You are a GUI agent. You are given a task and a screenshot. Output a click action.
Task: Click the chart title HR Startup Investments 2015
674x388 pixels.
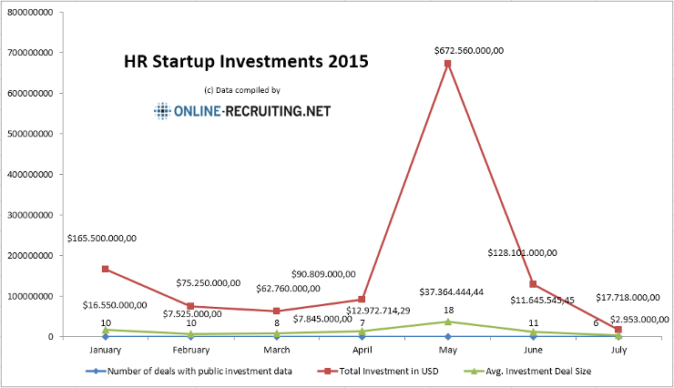click(x=246, y=63)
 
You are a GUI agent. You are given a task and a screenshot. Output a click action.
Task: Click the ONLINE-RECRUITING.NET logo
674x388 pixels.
click(x=242, y=111)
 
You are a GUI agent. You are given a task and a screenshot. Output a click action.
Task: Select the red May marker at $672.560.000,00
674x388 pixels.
click(x=447, y=64)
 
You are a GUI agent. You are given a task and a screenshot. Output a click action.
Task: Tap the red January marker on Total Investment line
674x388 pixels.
click(x=106, y=269)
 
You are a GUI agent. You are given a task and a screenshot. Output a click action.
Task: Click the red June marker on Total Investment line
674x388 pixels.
click(x=533, y=284)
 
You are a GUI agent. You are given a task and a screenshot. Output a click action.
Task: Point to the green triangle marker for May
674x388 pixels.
click(x=447, y=322)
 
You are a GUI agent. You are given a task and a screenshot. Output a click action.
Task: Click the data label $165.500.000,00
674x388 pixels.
click(x=102, y=238)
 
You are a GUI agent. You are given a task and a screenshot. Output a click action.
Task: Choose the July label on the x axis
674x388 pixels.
click(x=618, y=349)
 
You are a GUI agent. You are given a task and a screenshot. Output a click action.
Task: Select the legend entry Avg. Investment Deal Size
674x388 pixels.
click(x=528, y=371)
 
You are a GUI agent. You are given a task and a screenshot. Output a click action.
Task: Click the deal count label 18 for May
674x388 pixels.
click(x=448, y=311)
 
